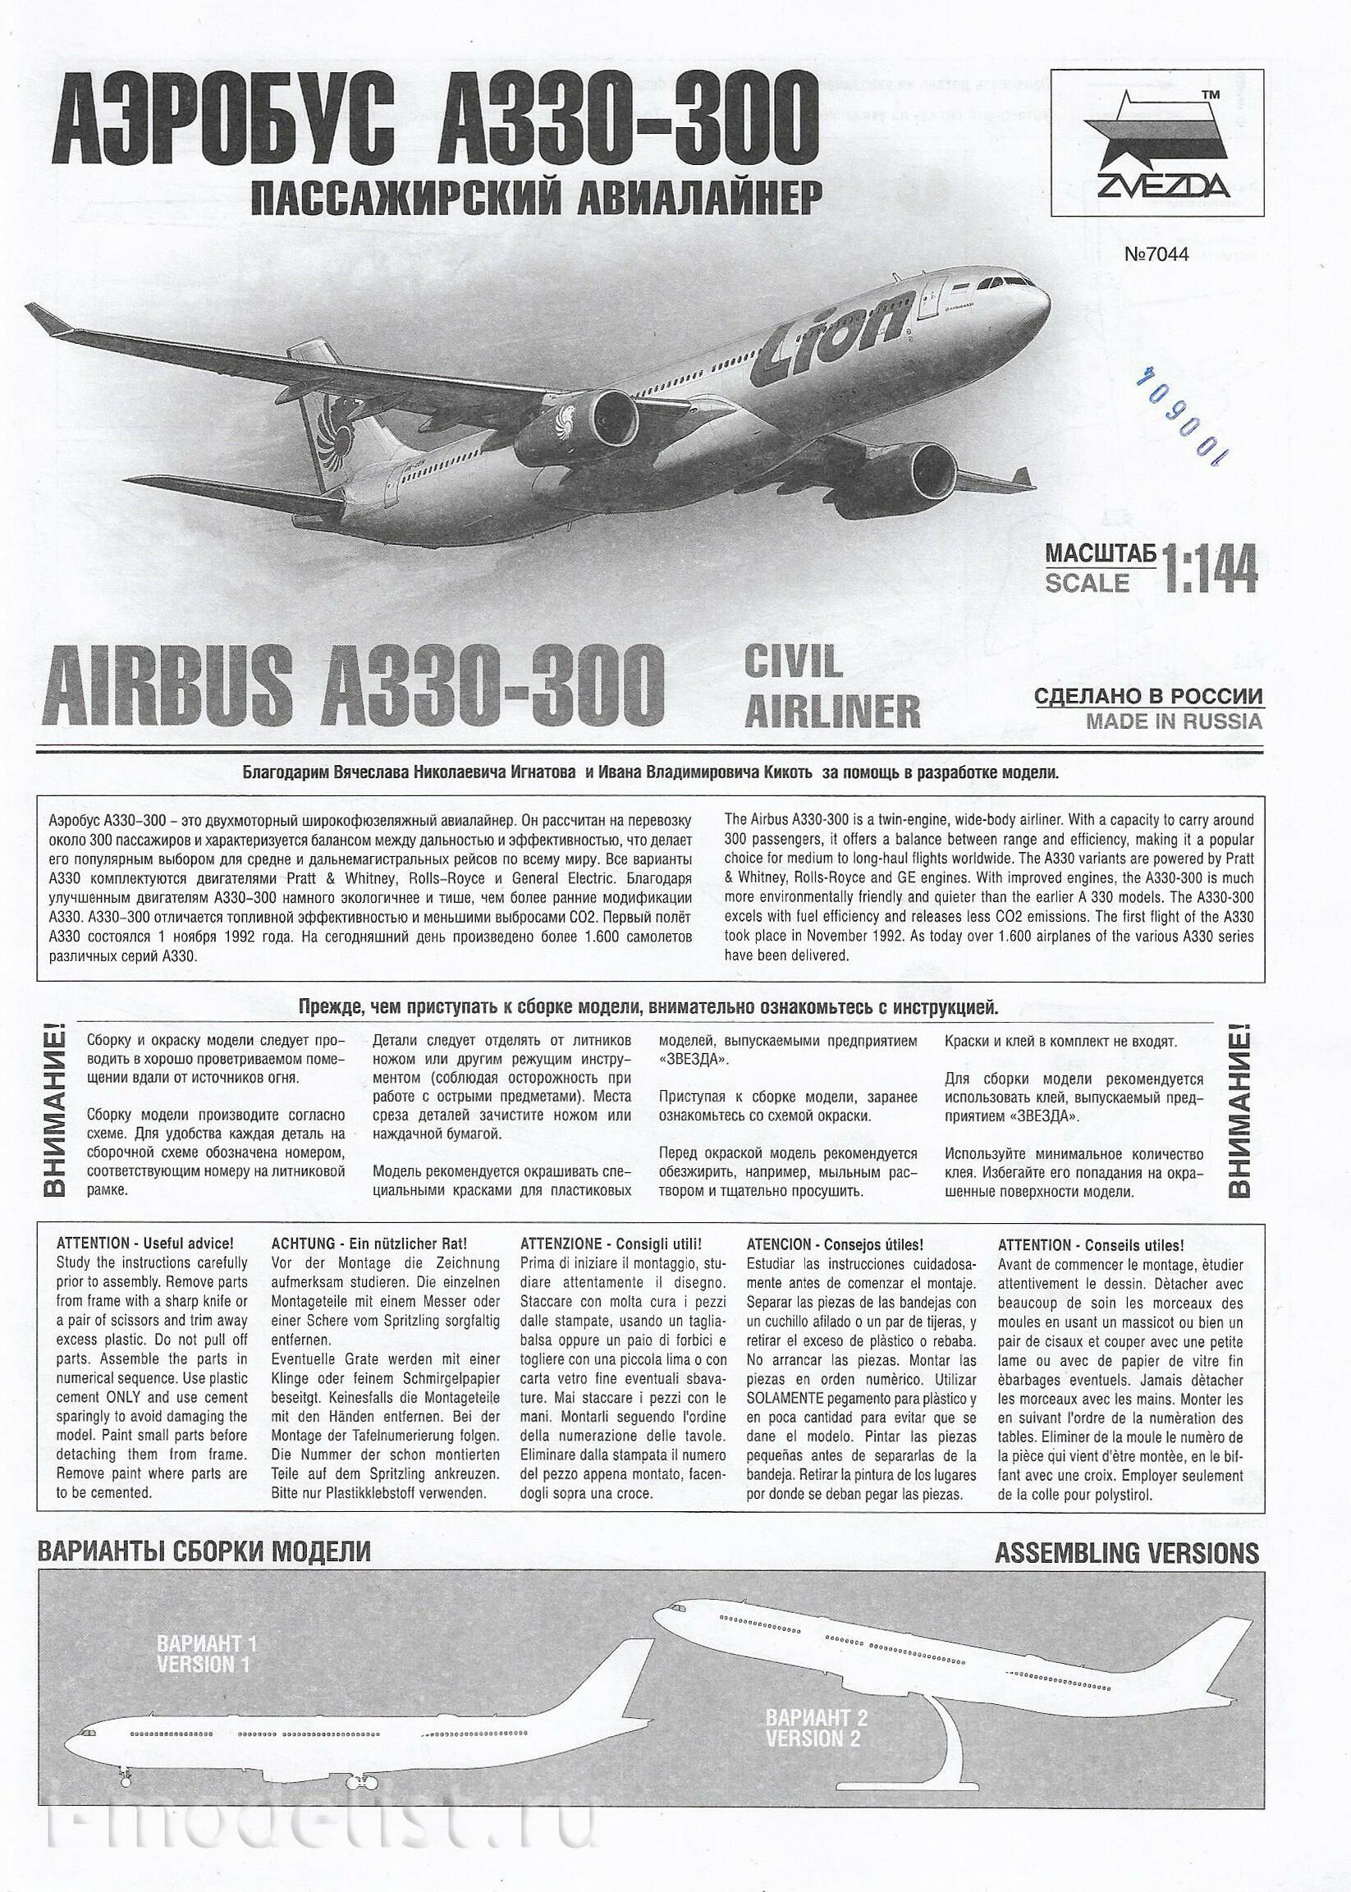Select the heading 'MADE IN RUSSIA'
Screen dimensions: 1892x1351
[x=1173, y=722]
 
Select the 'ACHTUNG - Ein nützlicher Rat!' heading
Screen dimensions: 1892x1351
[x=370, y=1244]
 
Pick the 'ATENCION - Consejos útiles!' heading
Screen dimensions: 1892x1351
[x=836, y=1244]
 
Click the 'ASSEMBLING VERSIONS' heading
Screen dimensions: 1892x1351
[x=1126, y=1552]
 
